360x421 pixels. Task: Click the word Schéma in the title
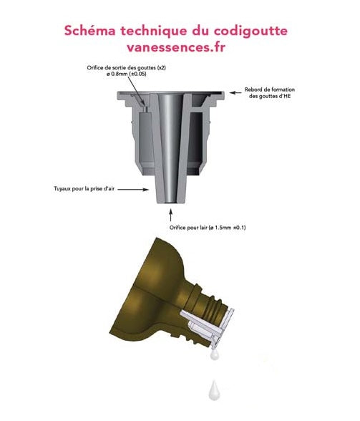90,30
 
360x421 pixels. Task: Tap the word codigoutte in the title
250,32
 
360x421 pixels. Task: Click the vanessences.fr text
176,47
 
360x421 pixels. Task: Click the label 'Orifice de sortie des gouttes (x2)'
127,67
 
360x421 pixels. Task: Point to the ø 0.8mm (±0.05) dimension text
127,74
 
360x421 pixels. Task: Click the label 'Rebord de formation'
270,89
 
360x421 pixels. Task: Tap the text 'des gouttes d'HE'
270,96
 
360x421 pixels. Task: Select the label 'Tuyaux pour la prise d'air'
84,189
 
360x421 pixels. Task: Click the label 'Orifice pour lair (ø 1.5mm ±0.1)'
208,228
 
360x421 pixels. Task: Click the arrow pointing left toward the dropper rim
235,92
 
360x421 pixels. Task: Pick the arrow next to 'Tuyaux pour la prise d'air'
133,189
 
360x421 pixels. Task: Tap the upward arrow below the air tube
170,215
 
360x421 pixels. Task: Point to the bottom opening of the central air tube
170,203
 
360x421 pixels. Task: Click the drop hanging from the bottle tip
215,354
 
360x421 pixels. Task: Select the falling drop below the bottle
214,390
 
